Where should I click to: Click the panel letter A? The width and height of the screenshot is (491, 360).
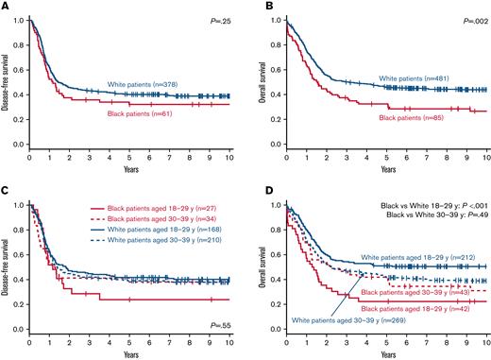pyautogui.click(x=6, y=7)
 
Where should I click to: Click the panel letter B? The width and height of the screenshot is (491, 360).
pyautogui.click(x=257, y=7)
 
